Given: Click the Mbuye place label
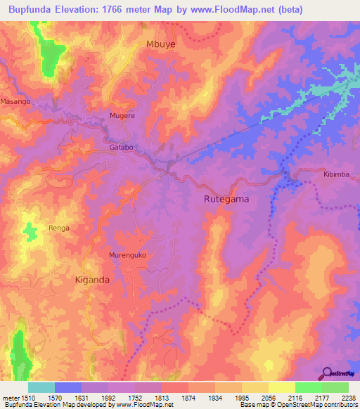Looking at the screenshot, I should tap(160, 44).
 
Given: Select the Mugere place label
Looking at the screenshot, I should tap(122, 115).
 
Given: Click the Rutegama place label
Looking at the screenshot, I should tap(226, 199).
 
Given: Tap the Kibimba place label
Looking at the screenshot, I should tap(336, 174).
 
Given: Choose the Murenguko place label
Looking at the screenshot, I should tap(127, 255).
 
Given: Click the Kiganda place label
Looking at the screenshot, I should tap(92, 280).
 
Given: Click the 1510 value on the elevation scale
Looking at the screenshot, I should tap(29, 398).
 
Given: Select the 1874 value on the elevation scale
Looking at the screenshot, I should tap(188, 398).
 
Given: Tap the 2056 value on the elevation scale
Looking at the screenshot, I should tap(269, 398).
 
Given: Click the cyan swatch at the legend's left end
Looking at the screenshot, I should tap(41, 387).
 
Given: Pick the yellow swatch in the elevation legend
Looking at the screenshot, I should tap(282, 387).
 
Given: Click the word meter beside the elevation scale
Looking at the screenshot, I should tap(11, 398).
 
